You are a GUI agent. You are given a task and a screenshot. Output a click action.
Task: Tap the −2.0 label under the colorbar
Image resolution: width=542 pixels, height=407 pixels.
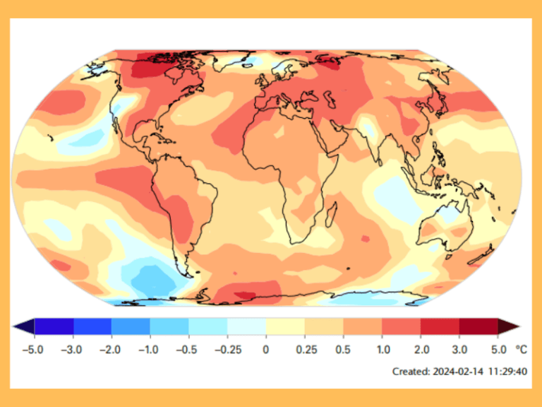coord(110,349)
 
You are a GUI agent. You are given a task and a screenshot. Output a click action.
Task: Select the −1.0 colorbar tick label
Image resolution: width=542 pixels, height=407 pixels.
coord(149,349)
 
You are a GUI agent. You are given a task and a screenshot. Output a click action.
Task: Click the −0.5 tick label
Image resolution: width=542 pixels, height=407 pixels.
coord(188,349)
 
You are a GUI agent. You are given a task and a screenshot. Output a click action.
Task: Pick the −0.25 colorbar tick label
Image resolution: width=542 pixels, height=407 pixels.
coord(227,349)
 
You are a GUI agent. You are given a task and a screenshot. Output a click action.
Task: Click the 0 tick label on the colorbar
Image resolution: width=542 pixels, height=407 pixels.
coord(266,349)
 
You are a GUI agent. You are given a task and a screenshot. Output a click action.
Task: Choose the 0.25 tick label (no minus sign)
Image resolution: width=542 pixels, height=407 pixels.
coord(304,349)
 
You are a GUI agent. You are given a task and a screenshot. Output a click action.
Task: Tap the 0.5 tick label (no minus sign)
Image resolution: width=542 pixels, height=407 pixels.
coord(343,349)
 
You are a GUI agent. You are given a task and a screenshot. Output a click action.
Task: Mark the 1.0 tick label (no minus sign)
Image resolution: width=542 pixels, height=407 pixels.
coord(382,349)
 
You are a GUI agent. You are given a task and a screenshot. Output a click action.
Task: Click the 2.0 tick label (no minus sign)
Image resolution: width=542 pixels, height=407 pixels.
coord(421,349)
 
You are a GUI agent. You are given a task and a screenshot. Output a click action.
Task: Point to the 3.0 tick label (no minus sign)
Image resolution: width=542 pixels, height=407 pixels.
coord(459,349)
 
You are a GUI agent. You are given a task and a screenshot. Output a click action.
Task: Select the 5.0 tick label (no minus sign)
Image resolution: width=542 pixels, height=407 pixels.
coord(498,349)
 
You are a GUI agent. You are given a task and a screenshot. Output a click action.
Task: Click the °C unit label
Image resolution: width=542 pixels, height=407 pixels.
coord(521,349)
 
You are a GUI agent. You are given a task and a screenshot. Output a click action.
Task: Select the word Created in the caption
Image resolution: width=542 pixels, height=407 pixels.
coord(410,371)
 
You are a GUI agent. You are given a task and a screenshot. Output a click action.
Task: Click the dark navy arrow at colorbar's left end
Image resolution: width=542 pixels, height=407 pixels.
coord(23,326)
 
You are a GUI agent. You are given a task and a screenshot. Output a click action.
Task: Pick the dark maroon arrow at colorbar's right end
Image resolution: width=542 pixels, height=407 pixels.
coord(509,326)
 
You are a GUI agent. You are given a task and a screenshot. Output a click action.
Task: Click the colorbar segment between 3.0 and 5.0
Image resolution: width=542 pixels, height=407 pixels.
coord(478,326)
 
